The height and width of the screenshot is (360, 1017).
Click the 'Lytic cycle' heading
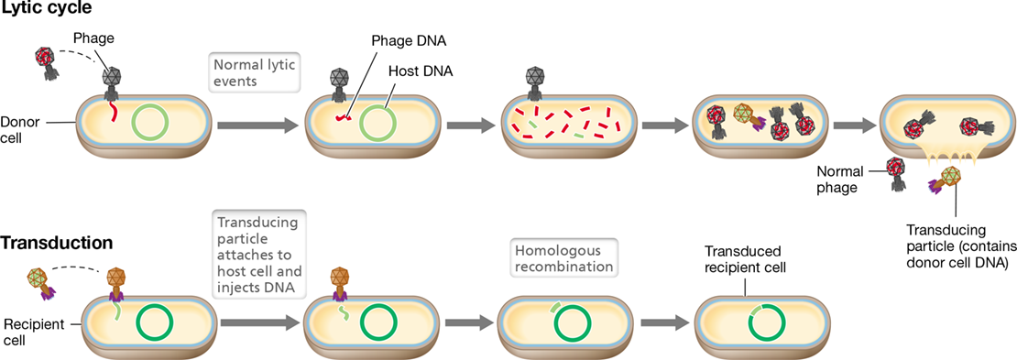pos(46,10)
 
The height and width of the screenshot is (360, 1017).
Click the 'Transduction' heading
pos(58,243)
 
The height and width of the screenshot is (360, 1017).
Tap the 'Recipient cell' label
pos(26,313)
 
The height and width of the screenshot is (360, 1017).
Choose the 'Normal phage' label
pos(840,179)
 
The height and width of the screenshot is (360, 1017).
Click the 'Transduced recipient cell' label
pos(743,259)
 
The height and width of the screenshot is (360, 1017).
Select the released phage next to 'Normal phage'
pos(898,174)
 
